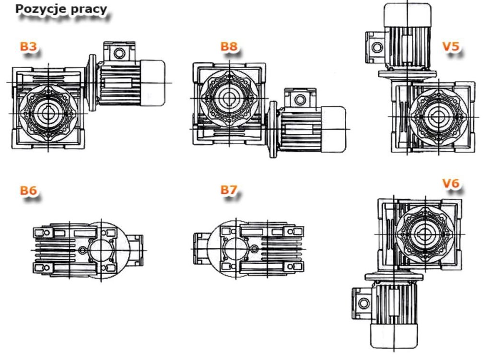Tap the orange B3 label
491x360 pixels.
click(x=28, y=46)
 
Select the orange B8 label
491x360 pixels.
click(x=229, y=46)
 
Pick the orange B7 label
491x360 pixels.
click(x=229, y=189)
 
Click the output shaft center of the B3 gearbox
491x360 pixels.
click(x=48, y=113)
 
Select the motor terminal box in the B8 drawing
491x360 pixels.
click(x=300, y=98)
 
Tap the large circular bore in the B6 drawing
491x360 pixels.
click(x=102, y=250)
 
